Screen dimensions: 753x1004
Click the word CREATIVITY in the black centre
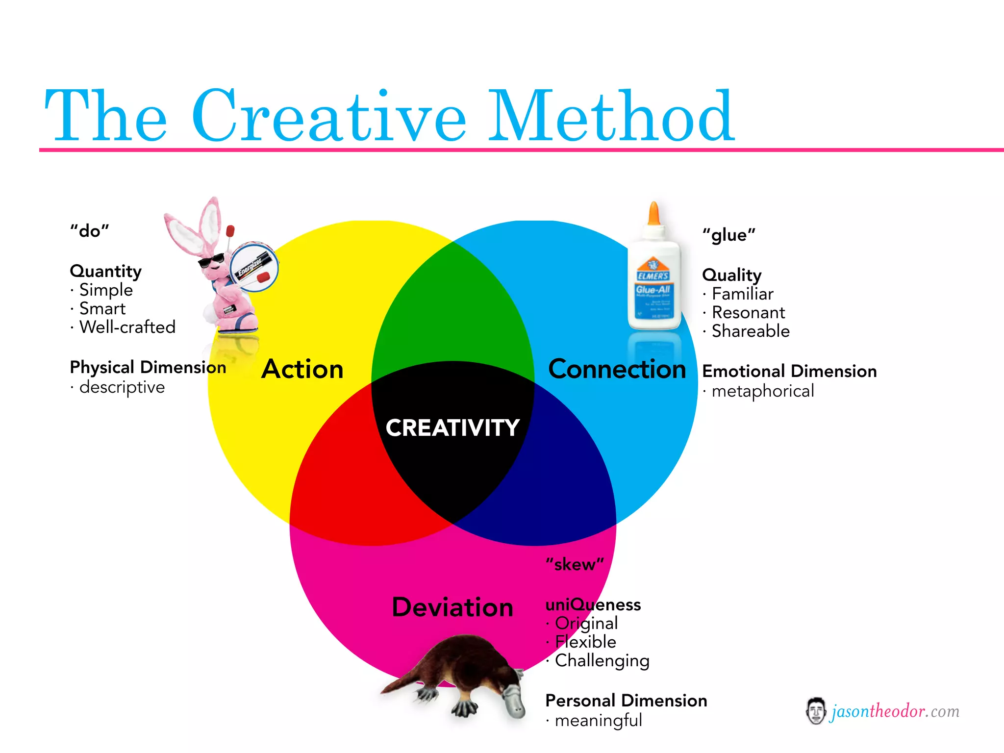452,428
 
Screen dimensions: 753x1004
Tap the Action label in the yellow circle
302,369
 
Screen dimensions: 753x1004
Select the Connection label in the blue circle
617,369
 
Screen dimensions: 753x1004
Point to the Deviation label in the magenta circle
452,607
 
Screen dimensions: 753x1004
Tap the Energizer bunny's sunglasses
211,260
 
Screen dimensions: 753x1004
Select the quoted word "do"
89,231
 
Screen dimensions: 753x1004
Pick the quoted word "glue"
728,235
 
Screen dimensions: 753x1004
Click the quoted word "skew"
575,565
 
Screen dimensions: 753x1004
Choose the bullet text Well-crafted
127,327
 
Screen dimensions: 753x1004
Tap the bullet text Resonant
748,312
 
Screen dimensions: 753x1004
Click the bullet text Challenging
602,661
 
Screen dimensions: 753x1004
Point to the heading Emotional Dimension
789,371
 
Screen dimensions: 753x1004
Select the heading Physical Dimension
148,367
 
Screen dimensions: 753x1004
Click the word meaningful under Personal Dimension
598,721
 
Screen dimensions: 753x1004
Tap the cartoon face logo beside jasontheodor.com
815,711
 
